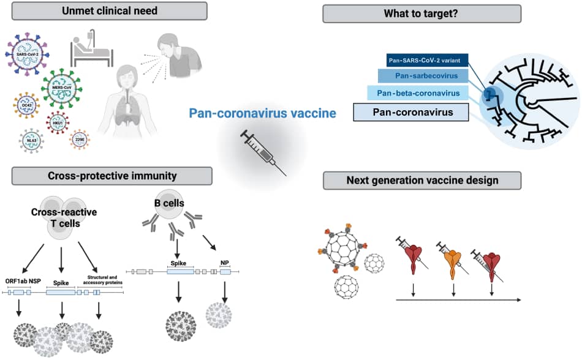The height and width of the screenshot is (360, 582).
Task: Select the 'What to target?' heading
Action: [421, 13]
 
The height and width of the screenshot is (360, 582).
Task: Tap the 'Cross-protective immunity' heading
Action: [112, 176]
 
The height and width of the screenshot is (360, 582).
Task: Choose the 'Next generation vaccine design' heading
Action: [422, 180]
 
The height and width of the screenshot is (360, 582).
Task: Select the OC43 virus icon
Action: [26, 105]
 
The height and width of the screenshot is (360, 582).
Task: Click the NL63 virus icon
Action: [30, 140]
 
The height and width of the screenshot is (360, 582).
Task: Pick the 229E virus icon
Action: [80, 140]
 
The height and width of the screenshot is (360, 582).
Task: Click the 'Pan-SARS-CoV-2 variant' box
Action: [426, 60]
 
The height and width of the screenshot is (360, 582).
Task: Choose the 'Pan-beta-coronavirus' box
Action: [418, 93]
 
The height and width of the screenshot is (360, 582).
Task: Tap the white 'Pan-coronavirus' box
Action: [411, 113]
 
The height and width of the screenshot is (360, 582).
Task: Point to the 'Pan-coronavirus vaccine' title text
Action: [262, 113]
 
